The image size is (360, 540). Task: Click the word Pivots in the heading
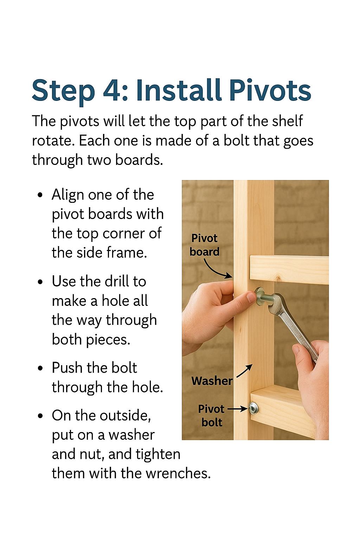tap(270, 90)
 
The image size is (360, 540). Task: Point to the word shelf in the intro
tap(287, 121)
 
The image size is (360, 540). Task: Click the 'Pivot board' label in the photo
tap(204, 245)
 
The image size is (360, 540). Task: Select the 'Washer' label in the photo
tap(212, 381)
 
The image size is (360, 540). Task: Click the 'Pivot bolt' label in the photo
tap(211, 415)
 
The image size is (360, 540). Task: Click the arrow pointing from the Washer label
tap(244, 371)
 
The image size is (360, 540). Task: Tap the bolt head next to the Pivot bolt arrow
tap(253, 409)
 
